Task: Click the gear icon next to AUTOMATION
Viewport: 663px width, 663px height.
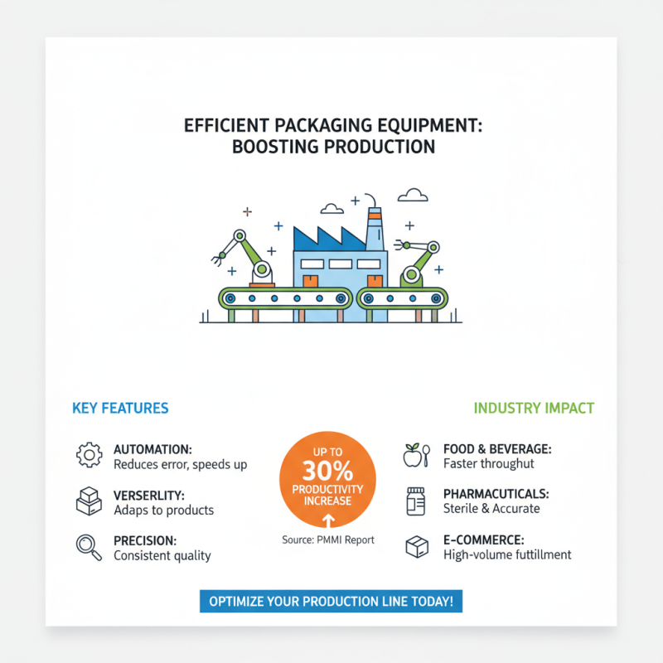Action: tap(88, 455)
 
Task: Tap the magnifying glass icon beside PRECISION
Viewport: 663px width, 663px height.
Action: tap(88, 546)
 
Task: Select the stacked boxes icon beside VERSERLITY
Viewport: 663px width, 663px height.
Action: tap(88, 501)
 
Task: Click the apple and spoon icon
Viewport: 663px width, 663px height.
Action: tap(415, 455)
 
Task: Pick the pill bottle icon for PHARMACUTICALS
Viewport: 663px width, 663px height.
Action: tap(415, 501)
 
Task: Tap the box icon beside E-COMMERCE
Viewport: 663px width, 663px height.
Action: tap(416, 546)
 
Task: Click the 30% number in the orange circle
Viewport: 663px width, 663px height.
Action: tap(327, 472)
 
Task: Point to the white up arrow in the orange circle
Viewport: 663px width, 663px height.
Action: tap(327, 520)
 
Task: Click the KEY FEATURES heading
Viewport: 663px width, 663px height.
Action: tap(120, 408)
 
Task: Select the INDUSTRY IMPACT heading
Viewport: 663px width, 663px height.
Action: tap(534, 408)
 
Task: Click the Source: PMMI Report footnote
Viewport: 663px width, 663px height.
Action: tap(327, 540)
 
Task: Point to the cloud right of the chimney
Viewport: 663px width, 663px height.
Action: tap(413, 196)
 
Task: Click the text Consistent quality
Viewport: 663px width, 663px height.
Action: tap(162, 554)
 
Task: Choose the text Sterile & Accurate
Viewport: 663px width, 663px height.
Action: tap(491, 508)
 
